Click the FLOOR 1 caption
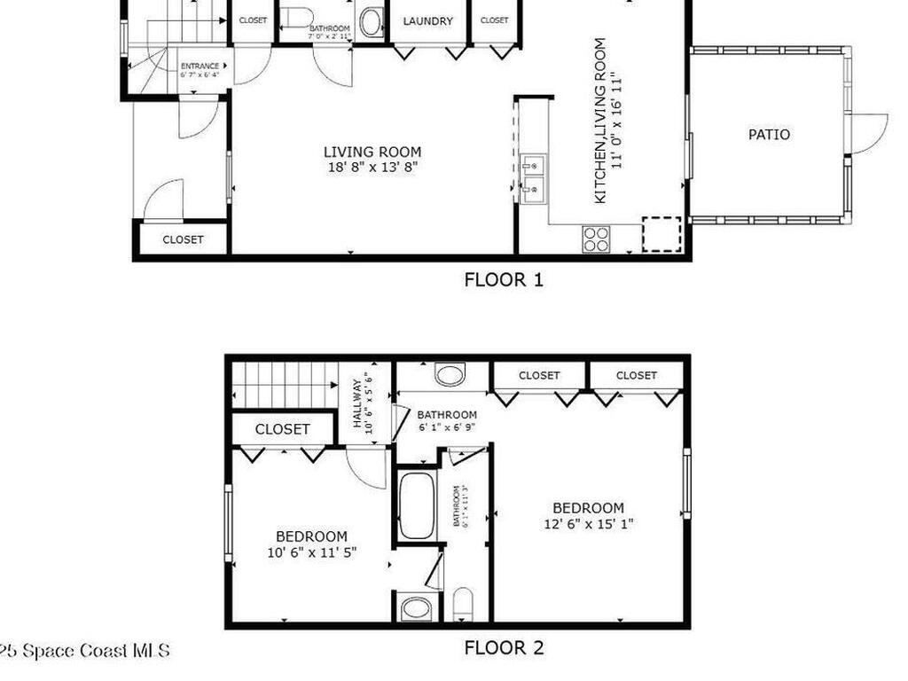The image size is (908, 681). click(x=503, y=280)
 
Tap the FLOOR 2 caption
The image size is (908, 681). click(x=503, y=648)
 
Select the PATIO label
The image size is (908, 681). click(x=769, y=135)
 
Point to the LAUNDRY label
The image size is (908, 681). click(x=428, y=21)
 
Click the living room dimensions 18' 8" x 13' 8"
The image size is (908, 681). click(x=372, y=166)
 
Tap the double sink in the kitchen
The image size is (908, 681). click(x=533, y=176)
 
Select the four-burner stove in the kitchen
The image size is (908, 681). click(x=596, y=238)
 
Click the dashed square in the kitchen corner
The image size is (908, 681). click(x=661, y=234)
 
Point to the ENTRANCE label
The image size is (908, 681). click(x=200, y=66)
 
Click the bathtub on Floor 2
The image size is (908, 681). click(x=415, y=506)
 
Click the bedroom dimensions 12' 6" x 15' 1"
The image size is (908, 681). click(x=588, y=516)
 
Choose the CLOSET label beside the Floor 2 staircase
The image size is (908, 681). click(x=283, y=429)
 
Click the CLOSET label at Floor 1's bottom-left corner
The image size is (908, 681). click(x=183, y=239)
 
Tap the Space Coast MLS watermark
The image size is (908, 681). click(x=84, y=651)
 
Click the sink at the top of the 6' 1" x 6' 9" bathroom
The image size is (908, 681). click(x=450, y=374)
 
